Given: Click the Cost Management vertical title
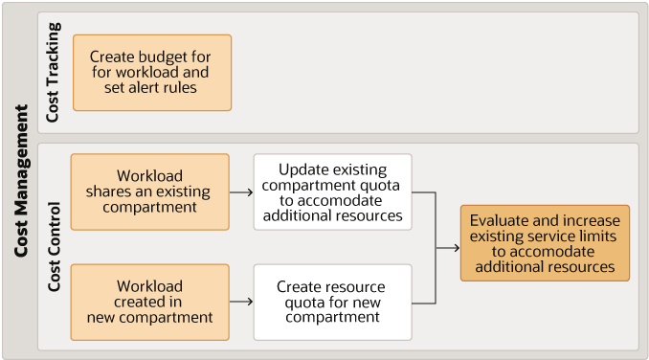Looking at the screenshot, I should click(x=21, y=180).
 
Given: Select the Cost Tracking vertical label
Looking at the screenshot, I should click(x=53, y=73).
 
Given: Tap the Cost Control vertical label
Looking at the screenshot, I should click(x=54, y=247).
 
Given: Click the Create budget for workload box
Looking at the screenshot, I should click(x=152, y=73).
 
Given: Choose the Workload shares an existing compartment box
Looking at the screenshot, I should click(x=150, y=191).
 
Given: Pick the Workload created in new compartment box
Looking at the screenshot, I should click(x=150, y=302).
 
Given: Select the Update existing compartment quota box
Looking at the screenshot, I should click(x=332, y=191).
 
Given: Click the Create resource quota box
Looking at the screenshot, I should click(x=332, y=302).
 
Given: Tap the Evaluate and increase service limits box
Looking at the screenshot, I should click(x=545, y=242).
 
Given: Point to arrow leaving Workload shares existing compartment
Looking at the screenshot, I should click(x=241, y=191).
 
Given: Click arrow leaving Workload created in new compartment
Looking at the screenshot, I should click(x=241, y=302).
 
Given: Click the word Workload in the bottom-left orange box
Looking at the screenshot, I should click(x=150, y=286).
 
